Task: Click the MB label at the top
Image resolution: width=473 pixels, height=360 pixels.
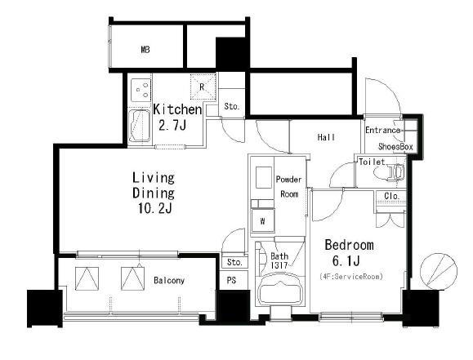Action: [145, 50]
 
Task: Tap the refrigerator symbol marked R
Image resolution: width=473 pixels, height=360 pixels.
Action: [203, 87]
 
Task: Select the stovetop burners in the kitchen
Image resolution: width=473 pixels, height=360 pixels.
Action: [141, 90]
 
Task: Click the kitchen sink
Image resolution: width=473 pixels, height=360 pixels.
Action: [139, 126]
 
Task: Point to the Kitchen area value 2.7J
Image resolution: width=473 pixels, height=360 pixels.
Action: [172, 125]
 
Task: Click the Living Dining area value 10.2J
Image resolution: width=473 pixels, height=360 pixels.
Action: [154, 208]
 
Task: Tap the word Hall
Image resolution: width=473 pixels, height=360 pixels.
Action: [326, 137]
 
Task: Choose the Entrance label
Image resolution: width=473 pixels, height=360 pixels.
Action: [383, 131]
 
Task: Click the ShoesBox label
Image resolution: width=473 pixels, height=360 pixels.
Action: [395, 147]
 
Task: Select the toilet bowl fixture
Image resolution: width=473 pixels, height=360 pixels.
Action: [389, 173]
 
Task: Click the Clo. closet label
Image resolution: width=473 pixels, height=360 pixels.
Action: [392, 196]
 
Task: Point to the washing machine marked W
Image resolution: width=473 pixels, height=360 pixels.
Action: [263, 221]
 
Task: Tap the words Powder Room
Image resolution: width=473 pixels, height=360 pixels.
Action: [289, 187]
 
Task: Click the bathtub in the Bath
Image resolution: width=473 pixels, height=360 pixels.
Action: [279, 290]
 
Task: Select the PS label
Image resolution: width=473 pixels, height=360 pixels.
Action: [231, 280]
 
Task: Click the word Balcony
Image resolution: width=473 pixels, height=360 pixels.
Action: [169, 280]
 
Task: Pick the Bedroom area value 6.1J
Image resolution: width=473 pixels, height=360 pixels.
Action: [346, 260]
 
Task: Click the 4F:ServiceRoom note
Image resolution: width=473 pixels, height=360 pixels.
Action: [351, 276]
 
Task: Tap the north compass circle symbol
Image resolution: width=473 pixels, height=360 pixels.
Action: [439, 271]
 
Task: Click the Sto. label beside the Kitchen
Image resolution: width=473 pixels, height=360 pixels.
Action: [232, 106]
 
